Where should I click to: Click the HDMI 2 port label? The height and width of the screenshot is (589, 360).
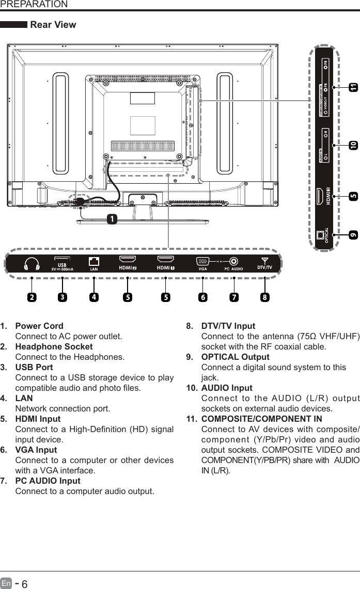[x=127, y=282]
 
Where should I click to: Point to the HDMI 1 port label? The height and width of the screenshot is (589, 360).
[x=165, y=282]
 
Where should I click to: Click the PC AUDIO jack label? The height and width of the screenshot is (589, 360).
[x=233, y=283]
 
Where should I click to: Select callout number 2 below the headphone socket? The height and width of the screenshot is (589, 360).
[x=32, y=297]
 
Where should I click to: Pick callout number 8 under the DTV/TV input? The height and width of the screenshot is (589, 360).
[x=264, y=297]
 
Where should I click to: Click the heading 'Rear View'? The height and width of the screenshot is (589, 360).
[x=53, y=25]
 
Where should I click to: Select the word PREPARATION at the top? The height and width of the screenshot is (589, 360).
[x=34, y=5]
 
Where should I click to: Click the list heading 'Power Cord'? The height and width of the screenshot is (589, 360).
[x=39, y=326]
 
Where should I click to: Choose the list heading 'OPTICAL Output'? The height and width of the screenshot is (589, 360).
[x=235, y=357]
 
